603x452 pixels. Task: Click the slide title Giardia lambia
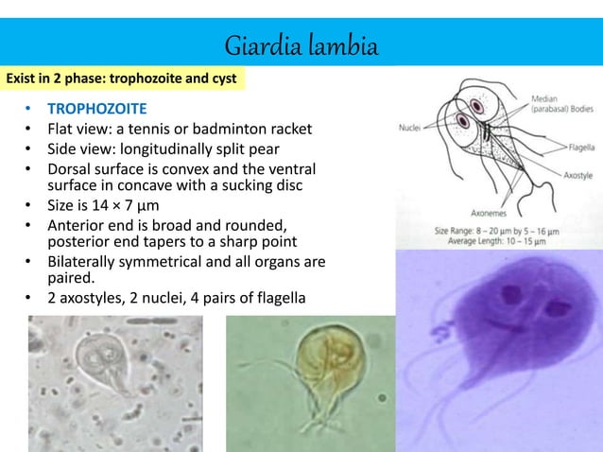point(301,45)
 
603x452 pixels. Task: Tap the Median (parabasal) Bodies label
point(561,103)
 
